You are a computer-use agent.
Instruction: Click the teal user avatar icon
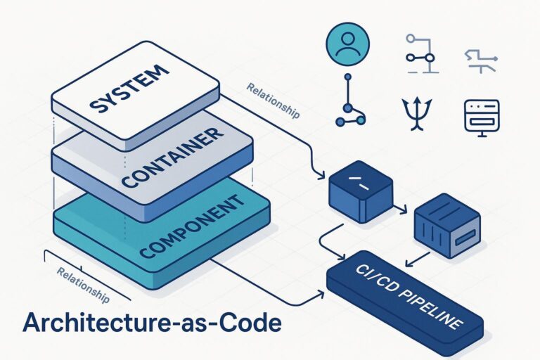tap(346, 42)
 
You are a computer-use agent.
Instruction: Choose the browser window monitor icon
tap(482, 115)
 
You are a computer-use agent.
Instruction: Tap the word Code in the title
tap(250, 323)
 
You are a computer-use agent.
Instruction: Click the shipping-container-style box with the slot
tap(446, 227)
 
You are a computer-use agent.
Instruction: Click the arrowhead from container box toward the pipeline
tap(408, 265)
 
